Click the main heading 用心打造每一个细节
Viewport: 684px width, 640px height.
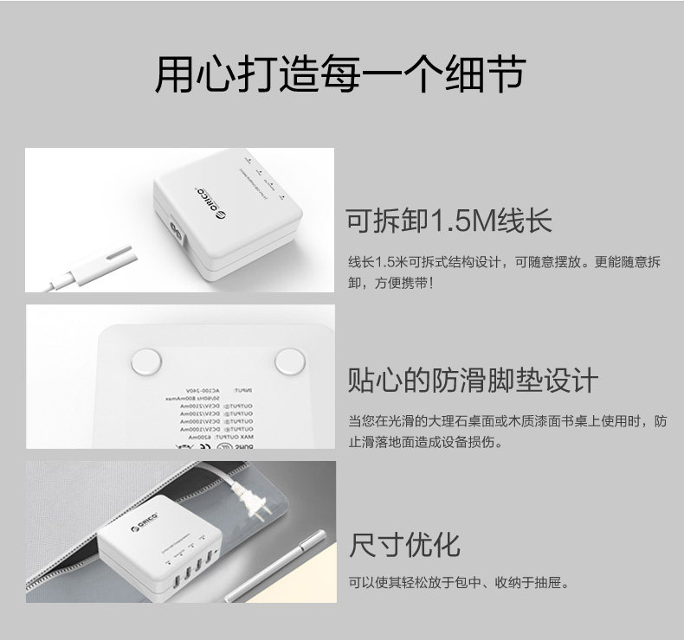[339, 76]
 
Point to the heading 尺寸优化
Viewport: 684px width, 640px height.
[404, 545]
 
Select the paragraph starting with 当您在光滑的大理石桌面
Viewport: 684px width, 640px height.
[507, 432]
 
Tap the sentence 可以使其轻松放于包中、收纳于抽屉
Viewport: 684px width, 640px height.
[459, 583]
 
